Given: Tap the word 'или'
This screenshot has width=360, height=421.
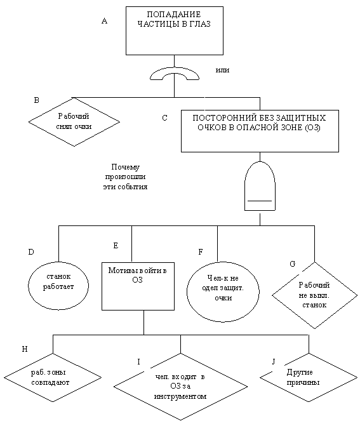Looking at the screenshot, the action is click(x=222, y=70).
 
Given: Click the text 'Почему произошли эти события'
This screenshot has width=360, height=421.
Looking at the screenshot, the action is click(x=125, y=177).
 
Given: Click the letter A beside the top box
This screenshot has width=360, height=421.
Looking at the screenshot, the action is click(x=104, y=21).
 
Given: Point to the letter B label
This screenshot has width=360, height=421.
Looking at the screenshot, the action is click(x=37, y=100).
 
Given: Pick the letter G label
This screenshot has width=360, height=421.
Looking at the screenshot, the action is click(x=293, y=264).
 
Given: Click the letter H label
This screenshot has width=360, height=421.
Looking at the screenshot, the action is click(x=24, y=349).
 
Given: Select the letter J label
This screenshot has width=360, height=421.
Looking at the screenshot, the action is click(x=274, y=362).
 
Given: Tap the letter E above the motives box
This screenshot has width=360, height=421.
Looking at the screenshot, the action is click(x=116, y=246).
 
